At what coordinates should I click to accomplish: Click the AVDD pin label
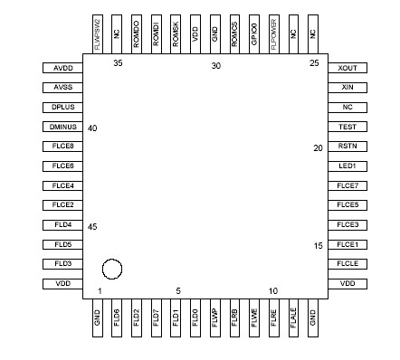tap(62, 68)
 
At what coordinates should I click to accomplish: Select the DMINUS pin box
tap(62, 127)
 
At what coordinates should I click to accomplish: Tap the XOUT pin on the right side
tap(347, 68)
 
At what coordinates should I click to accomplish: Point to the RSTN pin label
tap(347, 147)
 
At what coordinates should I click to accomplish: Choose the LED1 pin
tap(347, 166)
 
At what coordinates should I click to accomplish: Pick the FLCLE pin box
tap(347, 264)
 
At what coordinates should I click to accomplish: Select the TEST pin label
tap(347, 127)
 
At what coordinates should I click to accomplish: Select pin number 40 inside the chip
tap(92, 128)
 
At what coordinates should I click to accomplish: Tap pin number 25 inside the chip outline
tap(314, 63)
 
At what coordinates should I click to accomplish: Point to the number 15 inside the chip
tap(318, 246)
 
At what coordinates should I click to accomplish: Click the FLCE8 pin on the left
tap(62, 147)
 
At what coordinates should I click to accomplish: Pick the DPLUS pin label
tap(62, 107)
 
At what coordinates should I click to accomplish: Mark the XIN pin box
tap(347, 88)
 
